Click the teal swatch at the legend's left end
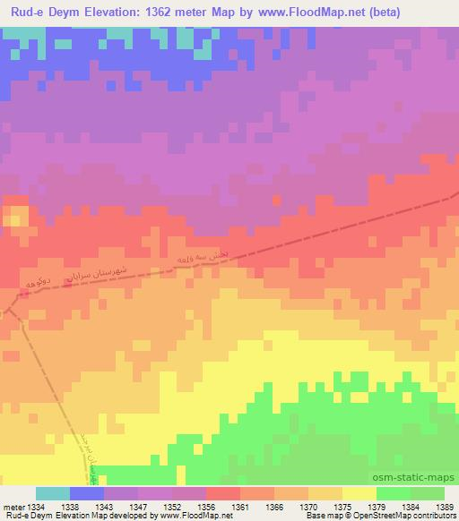click(x=52, y=493)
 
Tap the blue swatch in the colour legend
click(x=87, y=493)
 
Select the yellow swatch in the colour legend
click(x=359, y=493)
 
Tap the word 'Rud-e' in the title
click(x=26, y=11)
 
